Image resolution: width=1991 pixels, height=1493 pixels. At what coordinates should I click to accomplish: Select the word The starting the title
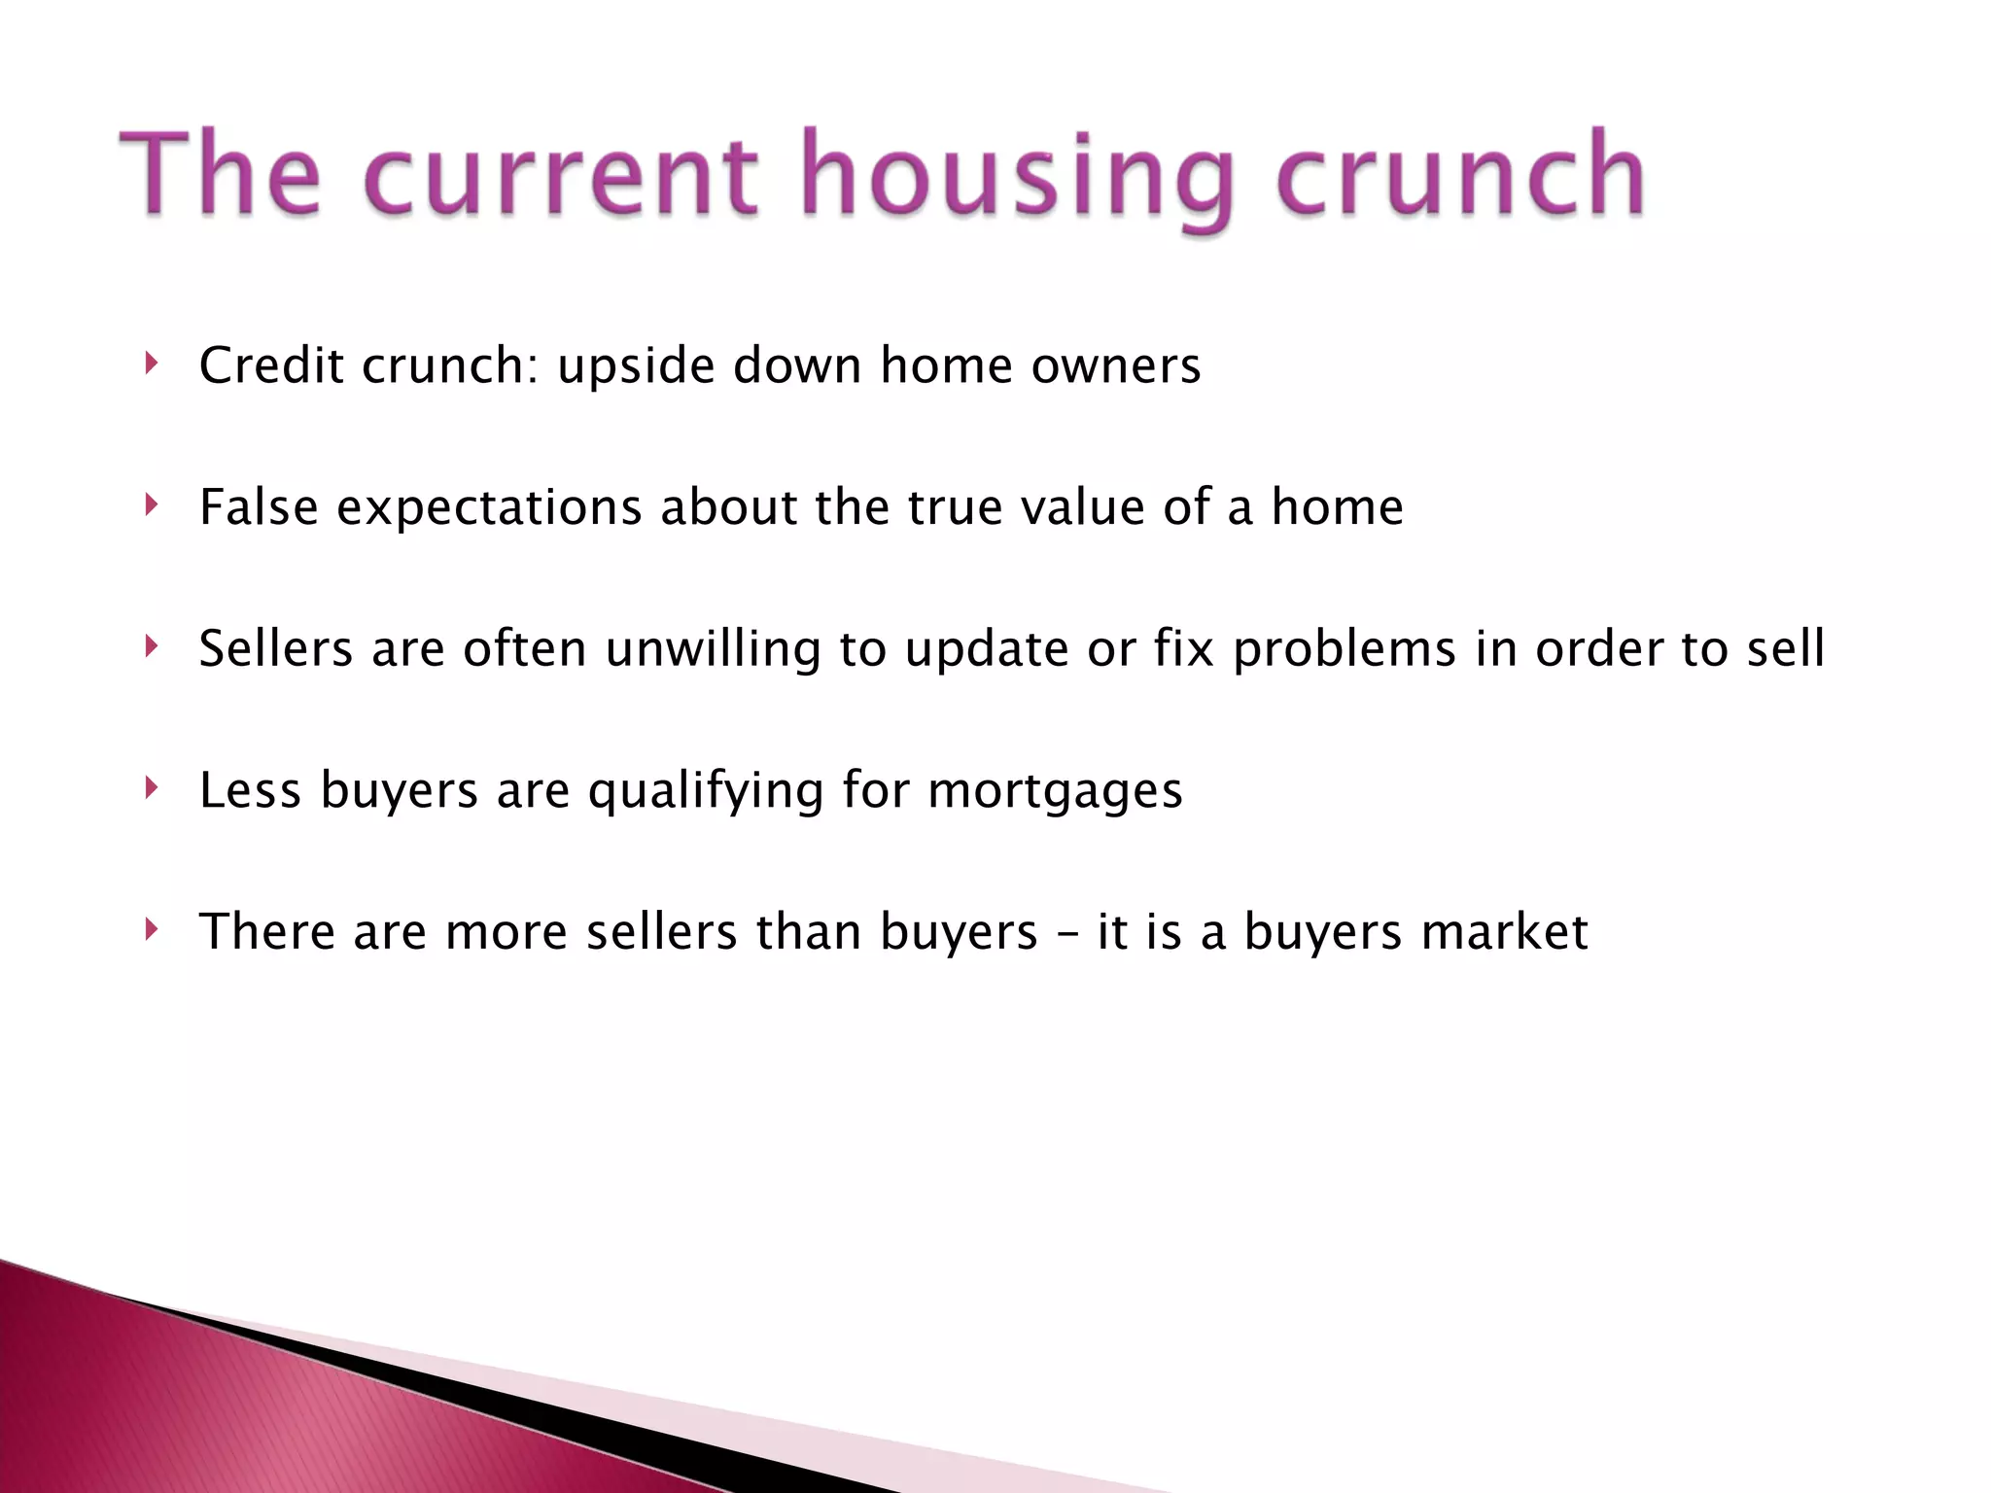pyautogui.click(x=220, y=175)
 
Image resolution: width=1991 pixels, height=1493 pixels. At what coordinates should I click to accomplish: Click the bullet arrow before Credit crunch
pyautogui.click(x=150, y=365)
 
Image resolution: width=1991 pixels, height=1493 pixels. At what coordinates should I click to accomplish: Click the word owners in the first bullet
pyautogui.click(x=1115, y=366)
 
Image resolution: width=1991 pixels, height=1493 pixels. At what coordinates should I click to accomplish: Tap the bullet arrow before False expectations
pyautogui.click(x=150, y=505)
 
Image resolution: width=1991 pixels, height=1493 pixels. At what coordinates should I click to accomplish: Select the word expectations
pyautogui.click(x=489, y=508)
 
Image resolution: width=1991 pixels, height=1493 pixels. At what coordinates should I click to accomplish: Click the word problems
pyautogui.click(x=1345, y=649)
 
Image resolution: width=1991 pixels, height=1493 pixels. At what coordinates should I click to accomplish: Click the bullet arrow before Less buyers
pyautogui.click(x=150, y=788)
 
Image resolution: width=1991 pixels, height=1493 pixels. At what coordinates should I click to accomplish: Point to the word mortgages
pyautogui.click(x=1055, y=791)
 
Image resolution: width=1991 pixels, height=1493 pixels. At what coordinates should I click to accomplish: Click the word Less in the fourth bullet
pyautogui.click(x=250, y=789)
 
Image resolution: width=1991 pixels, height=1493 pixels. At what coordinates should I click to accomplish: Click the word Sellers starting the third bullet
pyautogui.click(x=275, y=648)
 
